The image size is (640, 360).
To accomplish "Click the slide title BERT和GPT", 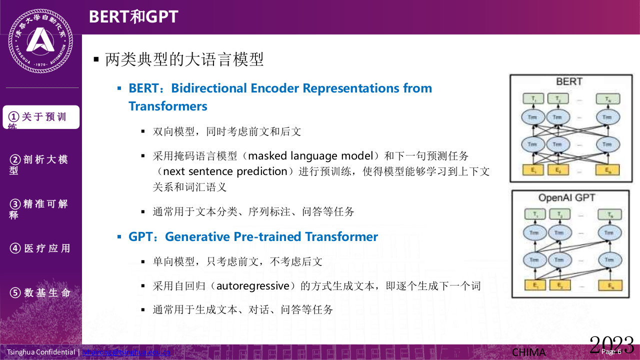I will (133, 16).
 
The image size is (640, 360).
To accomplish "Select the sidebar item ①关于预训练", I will (41, 117).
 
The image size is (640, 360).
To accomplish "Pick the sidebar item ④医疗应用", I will (40, 248).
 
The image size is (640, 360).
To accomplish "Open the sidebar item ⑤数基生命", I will (40, 293).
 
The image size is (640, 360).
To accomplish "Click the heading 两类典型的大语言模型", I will (184, 60).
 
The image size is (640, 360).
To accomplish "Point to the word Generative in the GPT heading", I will (195, 236).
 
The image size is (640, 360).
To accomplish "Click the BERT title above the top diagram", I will (569, 81).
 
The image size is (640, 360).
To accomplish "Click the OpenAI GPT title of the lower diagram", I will (566, 197).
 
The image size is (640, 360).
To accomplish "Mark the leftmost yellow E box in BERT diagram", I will (531, 169).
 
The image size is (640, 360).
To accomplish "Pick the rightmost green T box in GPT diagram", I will (608, 214).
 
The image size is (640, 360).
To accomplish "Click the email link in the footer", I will (126, 352).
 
